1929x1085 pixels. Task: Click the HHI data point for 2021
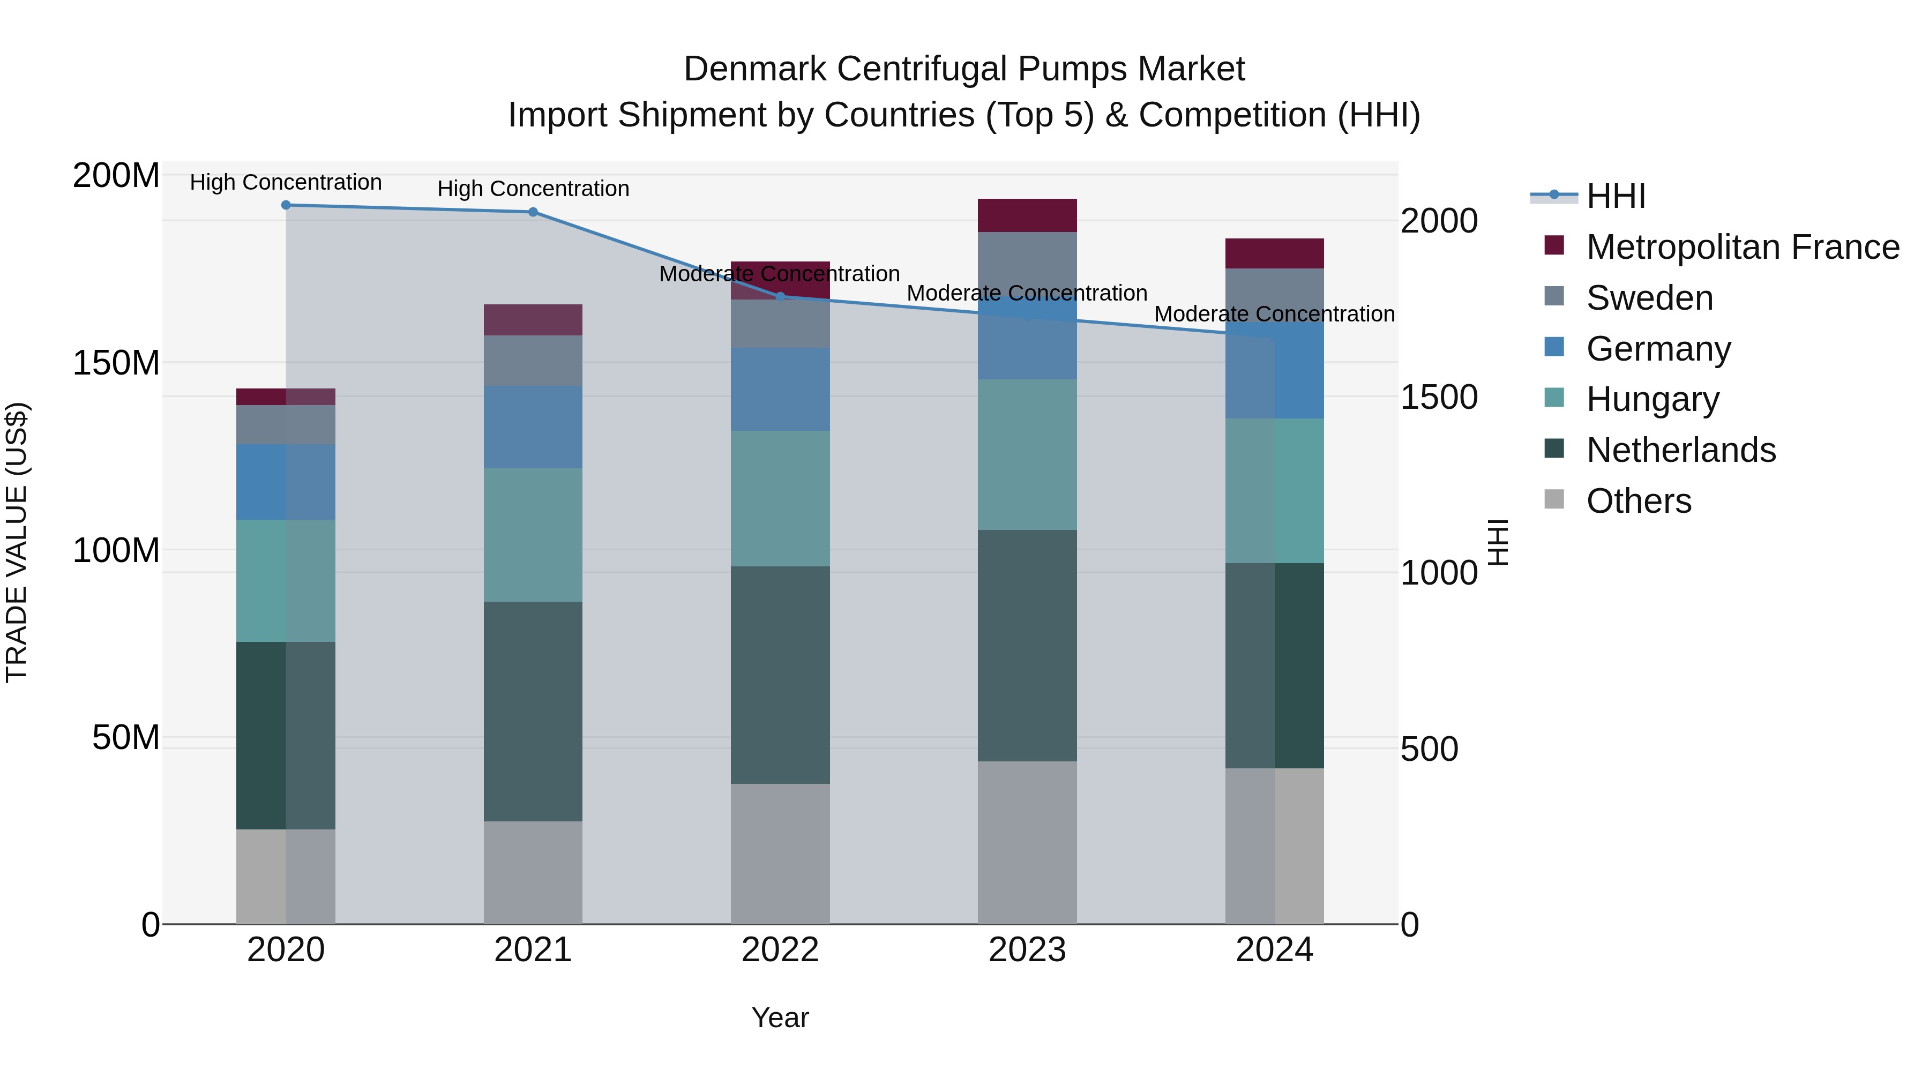(533, 212)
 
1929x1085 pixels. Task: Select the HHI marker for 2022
(780, 296)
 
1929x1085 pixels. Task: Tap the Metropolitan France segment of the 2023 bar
(1027, 215)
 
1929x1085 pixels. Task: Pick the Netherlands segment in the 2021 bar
(533, 712)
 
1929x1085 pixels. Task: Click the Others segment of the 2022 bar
(780, 854)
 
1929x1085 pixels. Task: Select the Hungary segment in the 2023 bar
(1027, 454)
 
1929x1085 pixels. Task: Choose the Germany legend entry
(1658, 349)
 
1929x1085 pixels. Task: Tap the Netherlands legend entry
(1680, 450)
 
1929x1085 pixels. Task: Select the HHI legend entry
(1615, 196)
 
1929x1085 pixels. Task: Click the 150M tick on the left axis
(116, 363)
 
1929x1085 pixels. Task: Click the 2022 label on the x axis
(780, 950)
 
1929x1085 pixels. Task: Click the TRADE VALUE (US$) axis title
(17, 542)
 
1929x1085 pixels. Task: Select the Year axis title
(780, 1017)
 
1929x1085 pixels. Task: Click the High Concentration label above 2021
(533, 189)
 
